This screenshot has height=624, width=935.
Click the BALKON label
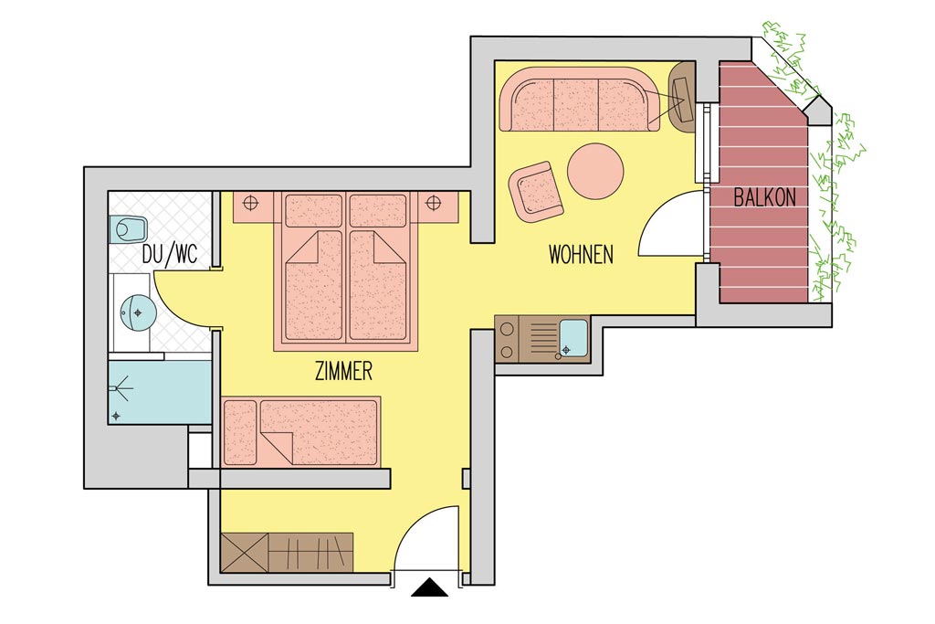coord(764,196)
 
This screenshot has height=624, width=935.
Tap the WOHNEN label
coord(581,255)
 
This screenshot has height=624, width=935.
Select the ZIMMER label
coord(343,371)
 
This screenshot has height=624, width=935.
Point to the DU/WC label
coord(170,255)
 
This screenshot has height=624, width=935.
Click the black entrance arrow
coord(429,587)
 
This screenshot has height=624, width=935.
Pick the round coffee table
coord(595,171)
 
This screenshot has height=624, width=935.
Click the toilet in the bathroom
coord(128,229)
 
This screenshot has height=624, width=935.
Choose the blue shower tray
coord(160,392)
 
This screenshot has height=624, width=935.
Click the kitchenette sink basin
coord(573,337)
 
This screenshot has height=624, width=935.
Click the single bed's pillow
coord(240,433)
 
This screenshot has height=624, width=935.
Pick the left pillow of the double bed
coord(314,210)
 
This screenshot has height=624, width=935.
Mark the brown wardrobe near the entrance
coord(286,553)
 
